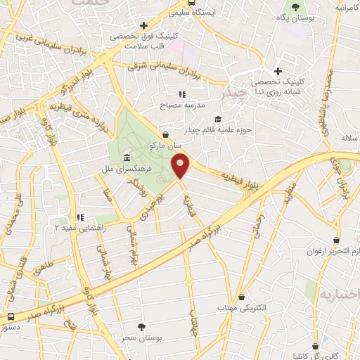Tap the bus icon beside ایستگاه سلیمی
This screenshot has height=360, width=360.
(174, 13)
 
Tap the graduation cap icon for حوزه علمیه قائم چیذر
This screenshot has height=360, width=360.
(217, 119)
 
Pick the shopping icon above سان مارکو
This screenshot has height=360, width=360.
(165, 134)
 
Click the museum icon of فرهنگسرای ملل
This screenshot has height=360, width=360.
(125, 156)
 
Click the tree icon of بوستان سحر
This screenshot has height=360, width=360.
(141, 327)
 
